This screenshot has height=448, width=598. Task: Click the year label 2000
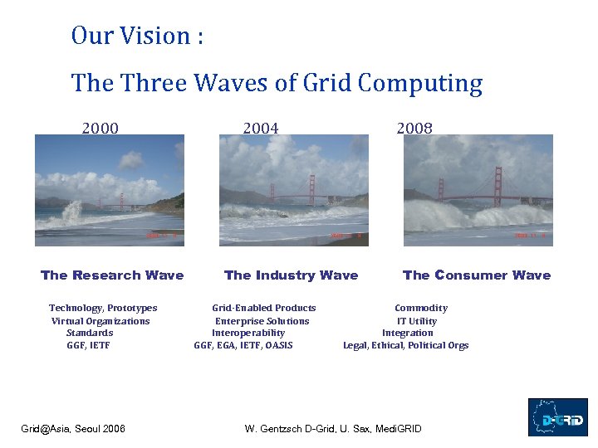pyautogui.click(x=100, y=128)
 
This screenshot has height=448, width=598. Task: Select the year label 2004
pyautogui.click(x=260, y=128)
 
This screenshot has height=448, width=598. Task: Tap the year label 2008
pyautogui.click(x=414, y=128)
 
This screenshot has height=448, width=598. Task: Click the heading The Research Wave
pyautogui.click(x=112, y=275)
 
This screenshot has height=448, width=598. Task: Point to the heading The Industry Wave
pyautogui.click(x=291, y=275)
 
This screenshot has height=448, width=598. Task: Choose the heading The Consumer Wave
pyautogui.click(x=476, y=275)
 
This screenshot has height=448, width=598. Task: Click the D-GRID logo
pyautogui.click(x=557, y=417)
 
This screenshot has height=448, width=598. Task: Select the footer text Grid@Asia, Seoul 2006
pyautogui.click(x=73, y=429)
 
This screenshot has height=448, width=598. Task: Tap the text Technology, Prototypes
pyautogui.click(x=103, y=309)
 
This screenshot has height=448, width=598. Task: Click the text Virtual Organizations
pyautogui.click(x=100, y=321)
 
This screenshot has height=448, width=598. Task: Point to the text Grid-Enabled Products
pyautogui.click(x=264, y=309)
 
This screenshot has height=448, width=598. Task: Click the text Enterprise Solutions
pyautogui.click(x=262, y=321)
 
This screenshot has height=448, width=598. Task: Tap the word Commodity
pyautogui.click(x=420, y=309)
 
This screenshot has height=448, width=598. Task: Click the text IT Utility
pyautogui.click(x=416, y=321)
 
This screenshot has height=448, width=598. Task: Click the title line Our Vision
pyautogui.click(x=137, y=36)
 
